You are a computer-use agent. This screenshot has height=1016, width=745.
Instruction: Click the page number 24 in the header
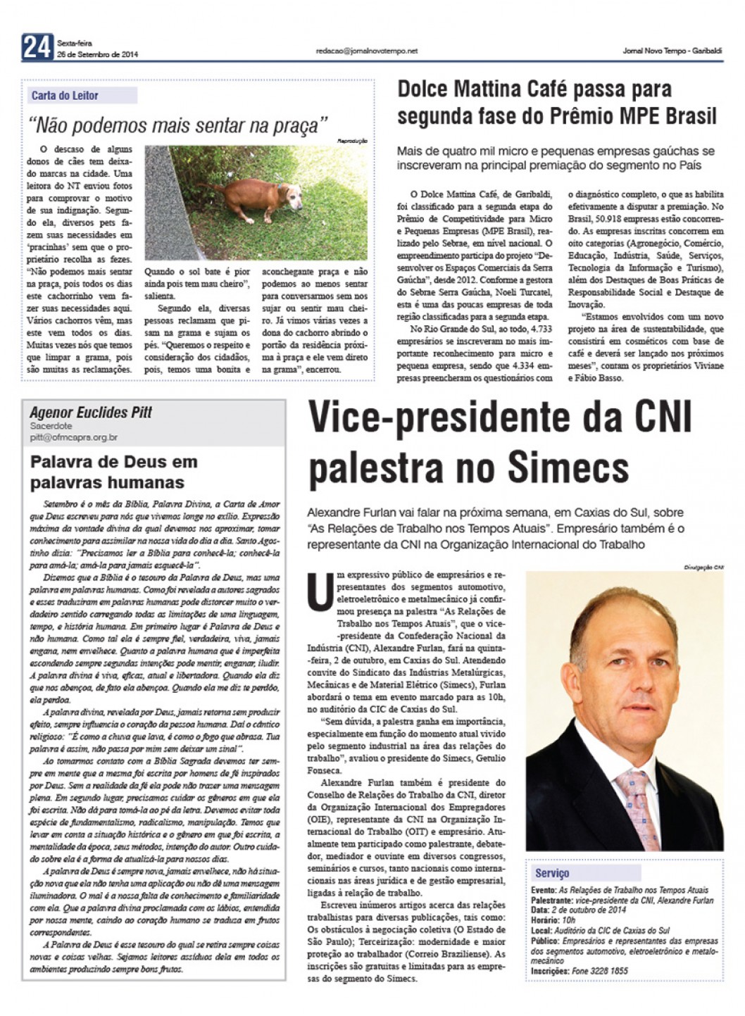click(37, 47)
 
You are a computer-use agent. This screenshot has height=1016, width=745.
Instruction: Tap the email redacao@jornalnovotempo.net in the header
click(367, 51)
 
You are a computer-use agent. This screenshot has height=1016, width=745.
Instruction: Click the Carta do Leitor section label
click(65, 96)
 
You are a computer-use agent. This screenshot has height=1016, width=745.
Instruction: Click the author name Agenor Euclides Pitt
click(91, 413)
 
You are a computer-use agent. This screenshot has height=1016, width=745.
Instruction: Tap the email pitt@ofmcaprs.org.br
click(73, 437)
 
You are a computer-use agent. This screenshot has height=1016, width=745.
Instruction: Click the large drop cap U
click(320, 592)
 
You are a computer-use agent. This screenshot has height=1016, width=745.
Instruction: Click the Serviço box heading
click(552, 873)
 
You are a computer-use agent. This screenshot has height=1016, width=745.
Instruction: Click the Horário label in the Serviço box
click(544, 920)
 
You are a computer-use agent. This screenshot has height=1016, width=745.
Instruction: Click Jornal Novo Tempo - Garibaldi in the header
click(672, 51)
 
